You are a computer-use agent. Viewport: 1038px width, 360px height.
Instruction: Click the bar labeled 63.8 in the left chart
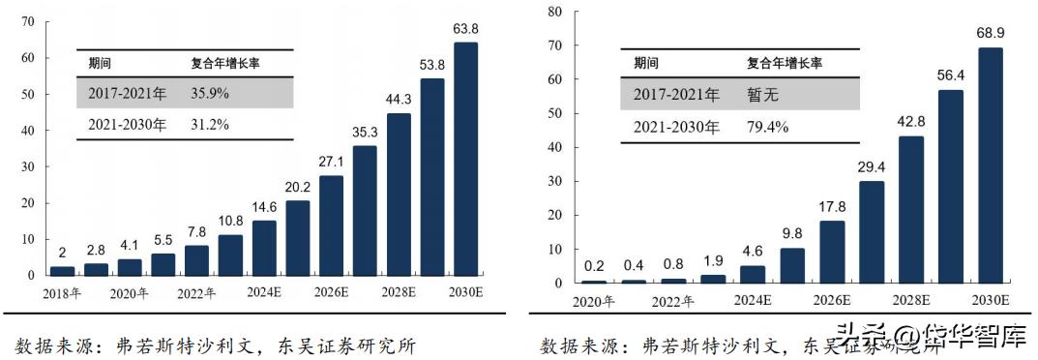coord(465,159)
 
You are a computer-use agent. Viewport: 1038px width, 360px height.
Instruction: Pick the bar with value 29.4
coord(871,232)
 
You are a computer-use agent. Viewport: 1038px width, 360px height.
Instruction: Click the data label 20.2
coord(298,187)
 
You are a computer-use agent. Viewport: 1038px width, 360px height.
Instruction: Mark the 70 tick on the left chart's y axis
coord(28,21)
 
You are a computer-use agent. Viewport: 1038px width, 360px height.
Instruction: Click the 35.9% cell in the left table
coord(212,94)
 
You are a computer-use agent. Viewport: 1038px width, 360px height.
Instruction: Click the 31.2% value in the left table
coord(212,125)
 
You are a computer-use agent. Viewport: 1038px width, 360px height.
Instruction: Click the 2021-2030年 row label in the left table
coord(126,125)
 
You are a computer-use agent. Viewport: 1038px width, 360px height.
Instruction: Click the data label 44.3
coord(399,99)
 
